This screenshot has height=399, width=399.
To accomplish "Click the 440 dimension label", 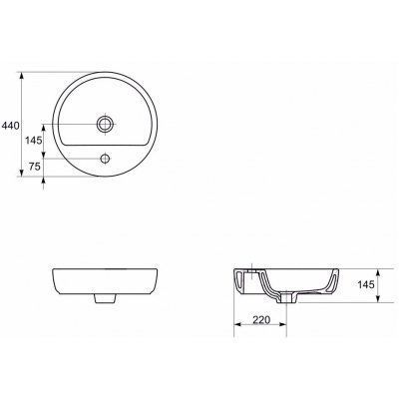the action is click(11, 126).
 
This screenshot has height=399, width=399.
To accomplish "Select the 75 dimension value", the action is click(35, 167).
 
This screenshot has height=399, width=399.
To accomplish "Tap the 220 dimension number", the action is click(261, 320).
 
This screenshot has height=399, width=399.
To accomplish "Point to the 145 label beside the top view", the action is click(34, 141).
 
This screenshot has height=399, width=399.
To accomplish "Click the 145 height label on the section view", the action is click(366, 284).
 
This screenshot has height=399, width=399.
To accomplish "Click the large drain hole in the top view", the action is click(106, 124).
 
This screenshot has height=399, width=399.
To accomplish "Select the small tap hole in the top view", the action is click(106, 159).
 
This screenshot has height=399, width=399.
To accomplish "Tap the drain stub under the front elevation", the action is click(106, 298).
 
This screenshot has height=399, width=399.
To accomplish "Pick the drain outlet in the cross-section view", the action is click(286, 298).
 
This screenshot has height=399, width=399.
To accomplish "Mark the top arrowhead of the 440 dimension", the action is click(22, 77).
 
